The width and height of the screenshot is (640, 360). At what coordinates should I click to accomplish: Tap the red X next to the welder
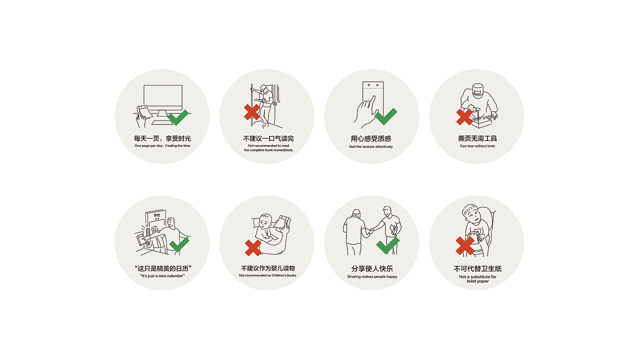[464, 117]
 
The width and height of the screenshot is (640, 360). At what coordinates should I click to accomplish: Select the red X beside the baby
[253, 247]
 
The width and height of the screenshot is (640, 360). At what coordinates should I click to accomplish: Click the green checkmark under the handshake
[387, 245]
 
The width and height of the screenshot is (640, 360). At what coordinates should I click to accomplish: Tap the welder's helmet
[477, 90]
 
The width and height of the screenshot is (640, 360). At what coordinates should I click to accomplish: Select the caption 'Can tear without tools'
[477, 146]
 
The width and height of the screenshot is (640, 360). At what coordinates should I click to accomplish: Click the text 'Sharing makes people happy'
[372, 276]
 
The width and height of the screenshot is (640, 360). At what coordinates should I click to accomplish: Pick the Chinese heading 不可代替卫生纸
[477, 268]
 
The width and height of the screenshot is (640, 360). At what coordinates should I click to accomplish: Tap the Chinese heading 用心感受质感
[371, 139]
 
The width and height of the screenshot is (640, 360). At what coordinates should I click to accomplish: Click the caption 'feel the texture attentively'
[371, 146]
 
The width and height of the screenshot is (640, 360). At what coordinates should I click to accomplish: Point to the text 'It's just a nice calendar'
[162, 276]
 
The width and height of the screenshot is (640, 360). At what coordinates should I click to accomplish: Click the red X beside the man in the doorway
[251, 111]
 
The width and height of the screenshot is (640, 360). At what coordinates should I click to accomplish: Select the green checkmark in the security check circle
[179, 244]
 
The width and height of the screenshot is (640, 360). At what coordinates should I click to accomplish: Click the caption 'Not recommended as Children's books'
[267, 275]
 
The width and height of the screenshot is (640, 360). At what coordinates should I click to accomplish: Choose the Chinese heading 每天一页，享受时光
[162, 138]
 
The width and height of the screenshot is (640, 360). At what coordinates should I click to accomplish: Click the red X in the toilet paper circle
[465, 245]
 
